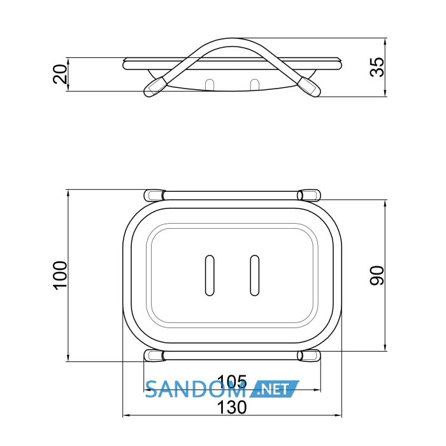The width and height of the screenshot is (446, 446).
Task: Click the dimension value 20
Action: click(61, 74)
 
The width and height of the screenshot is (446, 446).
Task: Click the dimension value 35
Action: click(377, 67)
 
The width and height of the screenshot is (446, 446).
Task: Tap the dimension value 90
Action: click(377, 275)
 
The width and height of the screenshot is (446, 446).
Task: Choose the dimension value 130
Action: click(232, 407)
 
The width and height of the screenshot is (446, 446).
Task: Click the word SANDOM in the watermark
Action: click(196, 389)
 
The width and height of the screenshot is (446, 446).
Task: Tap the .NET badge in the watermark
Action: click(274, 389)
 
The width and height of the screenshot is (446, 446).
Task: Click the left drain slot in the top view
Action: click(210, 275)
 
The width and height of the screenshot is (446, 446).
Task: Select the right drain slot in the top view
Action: click(255, 275)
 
